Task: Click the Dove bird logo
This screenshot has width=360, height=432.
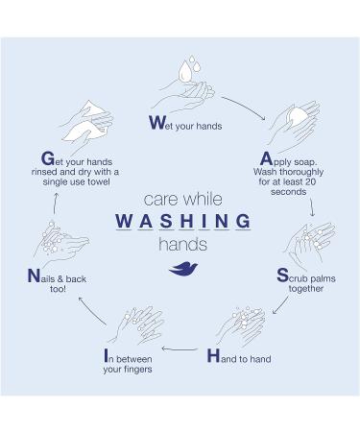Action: [183, 268]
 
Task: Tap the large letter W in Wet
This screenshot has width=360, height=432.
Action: [157, 123]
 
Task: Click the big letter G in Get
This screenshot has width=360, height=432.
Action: [48, 158]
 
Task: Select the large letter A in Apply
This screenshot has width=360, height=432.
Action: [266, 158]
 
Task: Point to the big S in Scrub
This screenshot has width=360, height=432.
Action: [282, 276]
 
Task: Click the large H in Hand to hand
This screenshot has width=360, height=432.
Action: [213, 356]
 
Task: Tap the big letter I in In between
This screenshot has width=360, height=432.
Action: [106, 355]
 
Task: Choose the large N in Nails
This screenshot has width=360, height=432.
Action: [34, 276]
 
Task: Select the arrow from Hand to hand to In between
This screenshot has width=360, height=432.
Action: [180, 348]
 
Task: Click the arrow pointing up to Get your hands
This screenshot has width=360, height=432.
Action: [56, 204]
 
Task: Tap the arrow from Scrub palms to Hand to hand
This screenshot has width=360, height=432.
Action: [280, 305]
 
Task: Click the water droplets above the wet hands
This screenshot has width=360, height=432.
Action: [189, 68]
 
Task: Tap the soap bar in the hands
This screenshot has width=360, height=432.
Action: [297, 117]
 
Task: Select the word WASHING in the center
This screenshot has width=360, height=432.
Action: [183, 221]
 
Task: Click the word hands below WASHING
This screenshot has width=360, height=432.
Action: [183, 245]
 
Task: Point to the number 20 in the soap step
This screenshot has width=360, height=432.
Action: [310, 181]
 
